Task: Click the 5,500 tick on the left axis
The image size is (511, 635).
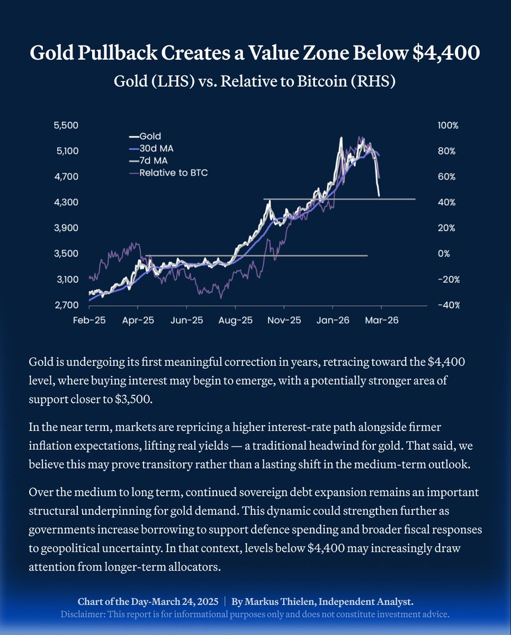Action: [x=66, y=125]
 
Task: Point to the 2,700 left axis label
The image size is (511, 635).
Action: [x=66, y=305]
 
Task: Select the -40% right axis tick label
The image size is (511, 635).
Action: [x=448, y=305]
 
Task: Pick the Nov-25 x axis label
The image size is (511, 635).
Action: [x=284, y=321]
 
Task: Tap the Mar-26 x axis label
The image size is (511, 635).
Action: [x=381, y=321]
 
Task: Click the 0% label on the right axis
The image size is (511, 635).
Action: [x=444, y=254]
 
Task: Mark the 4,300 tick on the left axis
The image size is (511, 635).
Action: [x=66, y=203]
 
